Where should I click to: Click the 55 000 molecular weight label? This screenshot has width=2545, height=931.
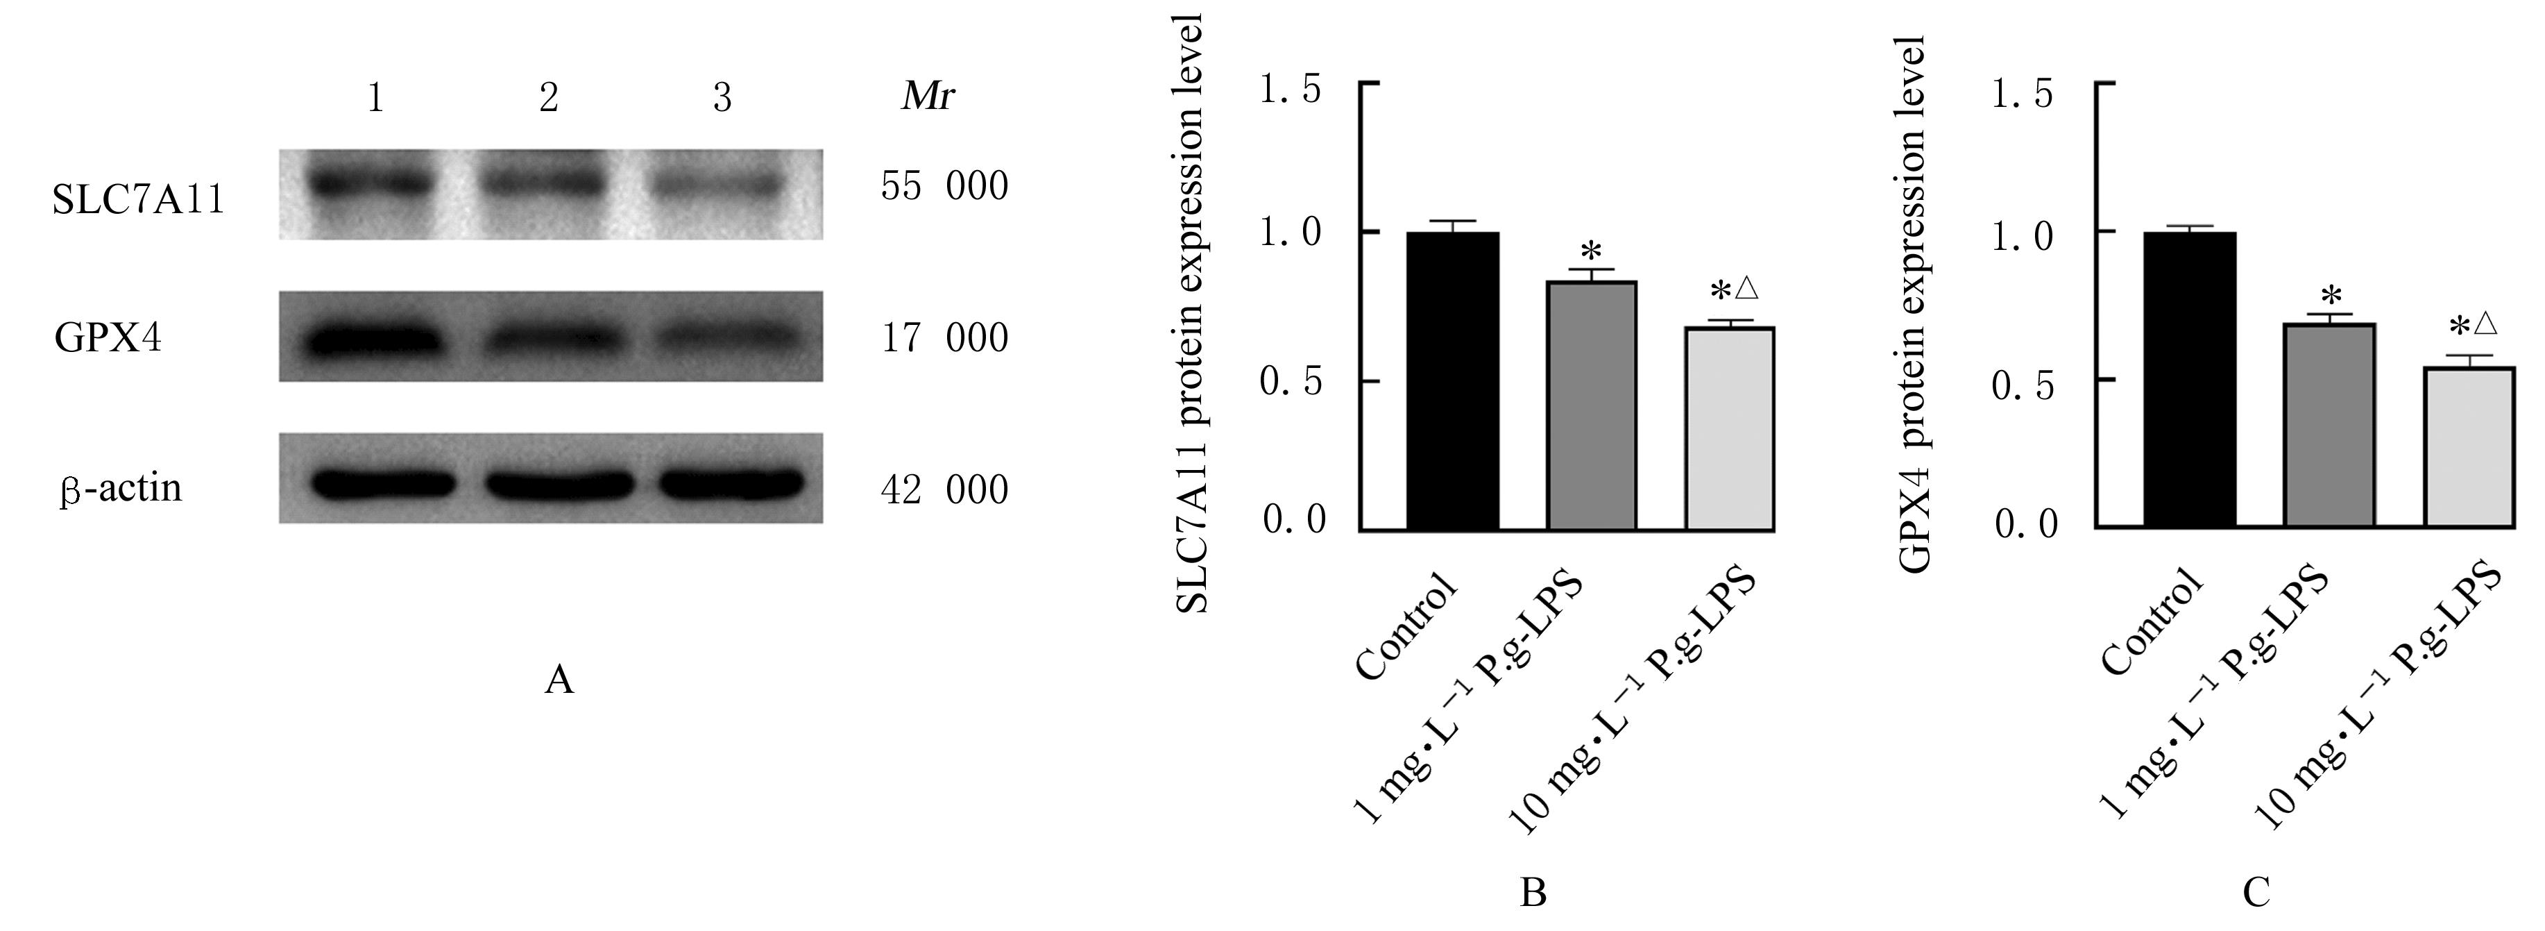(x=944, y=186)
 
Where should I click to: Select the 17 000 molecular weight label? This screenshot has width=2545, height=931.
(x=944, y=338)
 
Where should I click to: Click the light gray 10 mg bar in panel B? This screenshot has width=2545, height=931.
(x=1730, y=429)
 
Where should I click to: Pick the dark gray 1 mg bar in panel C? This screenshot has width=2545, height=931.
(x=2330, y=425)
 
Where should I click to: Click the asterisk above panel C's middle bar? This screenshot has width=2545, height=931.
(x=2331, y=296)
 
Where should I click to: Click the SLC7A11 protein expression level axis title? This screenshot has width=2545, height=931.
(x=1193, y=314)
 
